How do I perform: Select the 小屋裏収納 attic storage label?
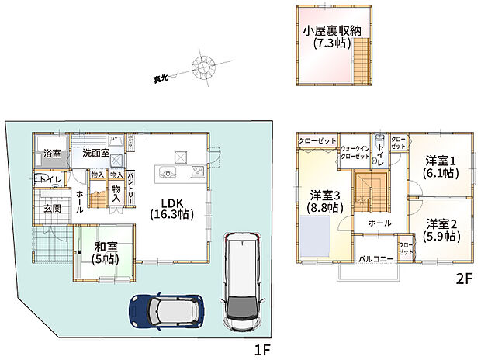click(334, 38)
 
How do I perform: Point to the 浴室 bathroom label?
click(52, 153)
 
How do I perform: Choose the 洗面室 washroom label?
click(95, 153)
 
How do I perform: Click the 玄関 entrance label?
click(52, 207)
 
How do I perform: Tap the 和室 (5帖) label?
click(105, 254)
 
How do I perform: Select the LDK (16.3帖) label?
click(171, 207)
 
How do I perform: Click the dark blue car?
click(165, 311)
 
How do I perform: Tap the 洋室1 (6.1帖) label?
click(439, 168)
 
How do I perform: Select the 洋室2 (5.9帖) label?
click(439, 229)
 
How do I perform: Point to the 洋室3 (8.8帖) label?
click(326, 200)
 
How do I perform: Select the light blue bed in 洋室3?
click(317, 234)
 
